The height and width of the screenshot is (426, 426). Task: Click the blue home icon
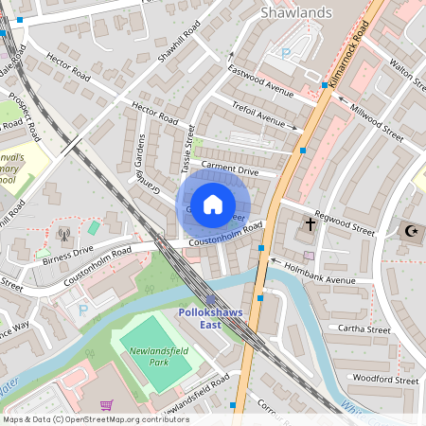(x=213, y=204)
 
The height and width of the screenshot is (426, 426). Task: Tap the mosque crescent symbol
(x=411, y=230)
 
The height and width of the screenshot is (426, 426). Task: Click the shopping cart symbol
(x=107, y=405)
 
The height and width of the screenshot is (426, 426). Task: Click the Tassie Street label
(x=187, y=150)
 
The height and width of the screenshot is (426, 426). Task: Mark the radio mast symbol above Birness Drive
(x=63, y=234)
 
